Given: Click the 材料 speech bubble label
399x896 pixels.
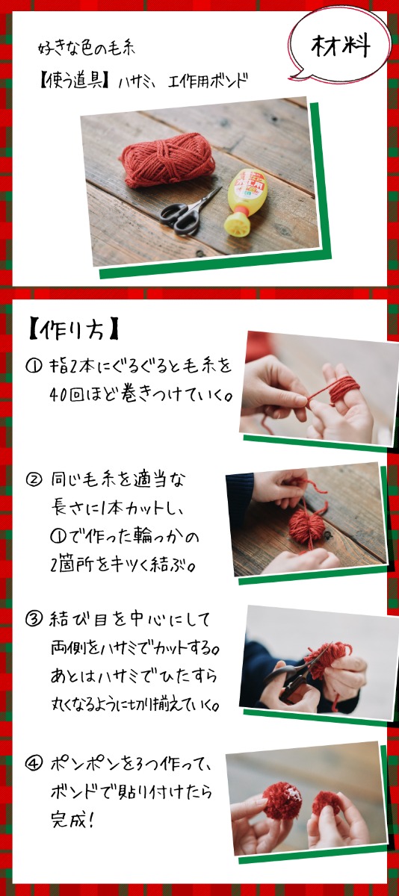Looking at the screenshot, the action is pyautogui.click(x=341, y=46).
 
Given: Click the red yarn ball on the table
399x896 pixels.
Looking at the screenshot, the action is pyautogui.click(x=168, y=159).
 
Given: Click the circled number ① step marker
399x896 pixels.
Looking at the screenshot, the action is pyautogui.click(x=34, y=366).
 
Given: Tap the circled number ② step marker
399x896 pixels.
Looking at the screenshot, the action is pyautogui.click(x=34, y=479).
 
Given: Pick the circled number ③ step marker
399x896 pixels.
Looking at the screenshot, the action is pyautogui.click(x=34, y=619).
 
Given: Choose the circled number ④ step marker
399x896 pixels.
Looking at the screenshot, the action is pyautogui.click(x=34, y=764).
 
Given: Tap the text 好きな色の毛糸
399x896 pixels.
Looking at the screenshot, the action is pyautogui.click(x=87, y=49).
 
